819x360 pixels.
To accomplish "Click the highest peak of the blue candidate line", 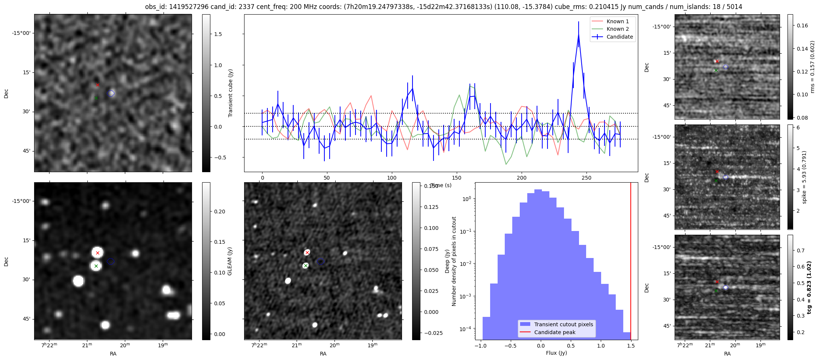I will click(579, 34).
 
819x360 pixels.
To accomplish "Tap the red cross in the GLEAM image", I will click(97, 253).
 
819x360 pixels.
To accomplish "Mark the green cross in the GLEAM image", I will click(96, 266).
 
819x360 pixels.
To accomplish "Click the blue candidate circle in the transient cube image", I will click(111, 93).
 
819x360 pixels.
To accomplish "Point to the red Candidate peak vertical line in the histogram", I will click(631, 262).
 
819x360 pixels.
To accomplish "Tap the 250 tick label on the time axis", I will click(586, 178).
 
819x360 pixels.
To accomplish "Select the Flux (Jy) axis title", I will click(556, 353).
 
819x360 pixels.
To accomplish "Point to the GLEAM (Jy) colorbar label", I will click(230, 261).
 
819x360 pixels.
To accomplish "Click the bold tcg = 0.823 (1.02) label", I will click(809, 288).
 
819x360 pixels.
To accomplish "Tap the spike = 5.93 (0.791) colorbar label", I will click(804, 177).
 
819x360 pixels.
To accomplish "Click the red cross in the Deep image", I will click(307, 253).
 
